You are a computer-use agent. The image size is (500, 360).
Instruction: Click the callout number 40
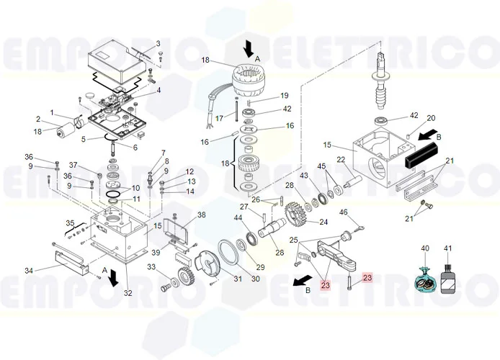424,248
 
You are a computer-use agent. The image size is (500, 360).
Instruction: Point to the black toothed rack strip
421,152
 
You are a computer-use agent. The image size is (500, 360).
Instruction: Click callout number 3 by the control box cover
159,43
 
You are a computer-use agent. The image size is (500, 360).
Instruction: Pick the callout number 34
29,271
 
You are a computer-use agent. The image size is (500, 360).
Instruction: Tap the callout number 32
128,293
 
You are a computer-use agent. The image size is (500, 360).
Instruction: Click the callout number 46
344,212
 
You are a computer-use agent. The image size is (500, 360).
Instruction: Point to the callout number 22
341,160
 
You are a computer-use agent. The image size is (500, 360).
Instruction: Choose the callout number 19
284,96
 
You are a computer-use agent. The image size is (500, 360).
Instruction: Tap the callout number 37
73,164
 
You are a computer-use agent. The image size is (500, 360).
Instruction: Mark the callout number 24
323,222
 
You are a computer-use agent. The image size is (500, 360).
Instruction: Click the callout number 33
152,267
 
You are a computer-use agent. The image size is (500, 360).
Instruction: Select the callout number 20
431,118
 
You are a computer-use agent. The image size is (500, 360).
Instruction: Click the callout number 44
238,217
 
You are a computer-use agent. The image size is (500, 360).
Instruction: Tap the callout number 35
70,223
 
